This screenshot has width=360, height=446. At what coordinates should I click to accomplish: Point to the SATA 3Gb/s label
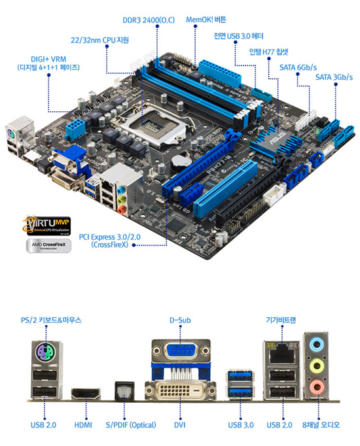[334, 77]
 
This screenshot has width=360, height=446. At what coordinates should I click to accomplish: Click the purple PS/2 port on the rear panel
[44, 356]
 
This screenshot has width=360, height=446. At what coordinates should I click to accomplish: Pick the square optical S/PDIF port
[123, 390]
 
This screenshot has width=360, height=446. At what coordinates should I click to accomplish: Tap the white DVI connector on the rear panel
[178, 391]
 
